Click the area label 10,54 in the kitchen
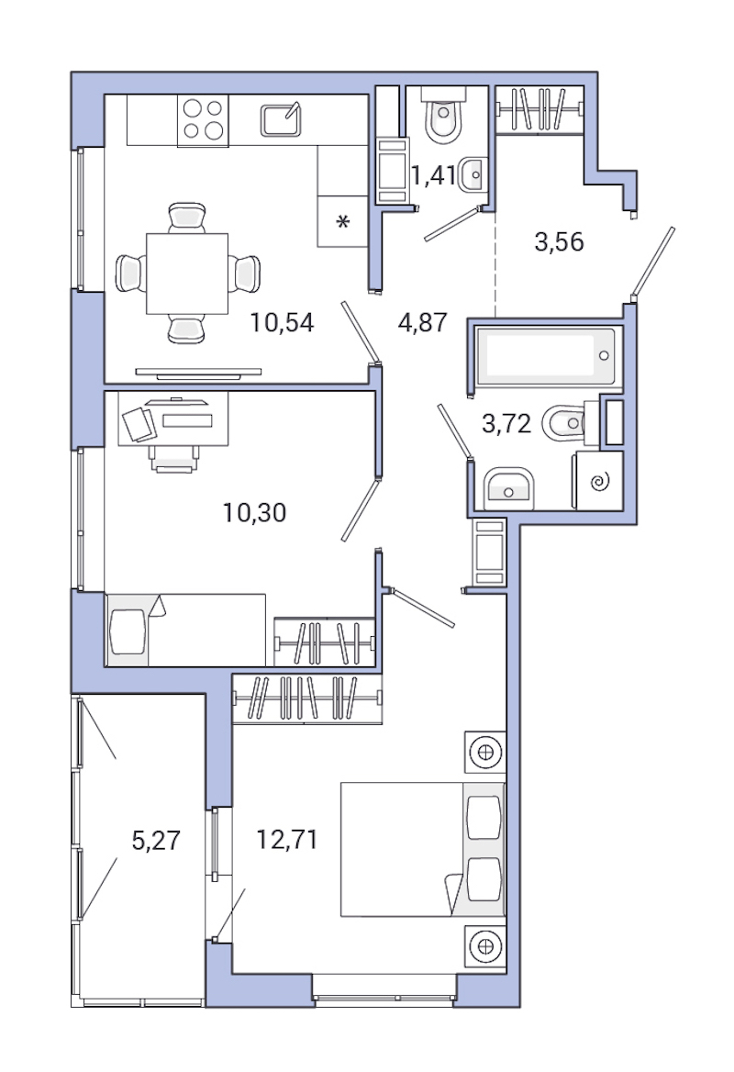pos(283,322)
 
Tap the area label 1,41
pos(432,174)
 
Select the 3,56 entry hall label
pos(559,242)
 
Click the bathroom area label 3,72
pos(506,423)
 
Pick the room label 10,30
pos(255,512)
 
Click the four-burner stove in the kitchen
pos(204,119)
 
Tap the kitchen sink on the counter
pos(281,119)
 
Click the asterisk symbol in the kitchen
pos(342,223)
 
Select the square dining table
pos(187,273)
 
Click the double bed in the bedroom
pos(422,849)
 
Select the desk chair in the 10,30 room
pos(174,454)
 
